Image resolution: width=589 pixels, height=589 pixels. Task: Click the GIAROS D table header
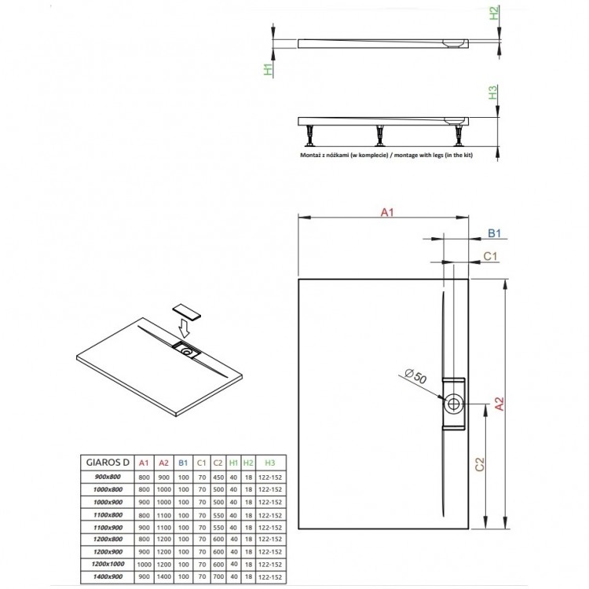pyautogui.click(x=104, y=463)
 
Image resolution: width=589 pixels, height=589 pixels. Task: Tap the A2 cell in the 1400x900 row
pyautogui.click(x=163, y=576)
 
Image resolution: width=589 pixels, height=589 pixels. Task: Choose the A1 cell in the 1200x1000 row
pyautogui.click(x=143, y=564)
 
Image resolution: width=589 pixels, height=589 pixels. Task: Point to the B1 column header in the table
pyautogui.click(x=182, y=463)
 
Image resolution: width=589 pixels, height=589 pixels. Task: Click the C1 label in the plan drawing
pyautogui.click(x=488, y=256)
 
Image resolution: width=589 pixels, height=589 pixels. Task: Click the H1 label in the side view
pyautogui.click(x=268, y=70)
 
